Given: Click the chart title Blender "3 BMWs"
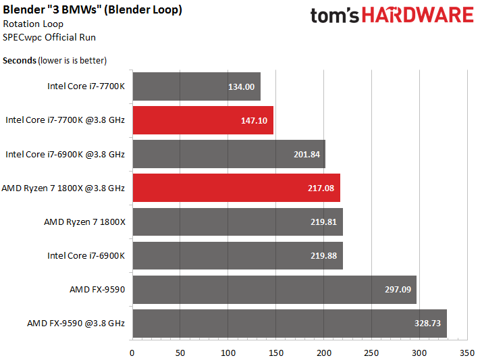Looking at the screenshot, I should pyautogui.click(x=92, y=10).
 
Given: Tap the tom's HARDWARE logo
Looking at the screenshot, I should pyautogui.click(x=392, y=16).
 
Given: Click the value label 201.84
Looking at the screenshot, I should pyautogui.click(x=306, y=154).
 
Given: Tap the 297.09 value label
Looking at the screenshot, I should pyautogui.click(x=397, y=290).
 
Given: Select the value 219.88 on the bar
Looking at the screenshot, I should pyautogui.click(x=323, y=256).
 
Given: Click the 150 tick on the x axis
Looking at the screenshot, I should pyautogui.click(x=276, y=353).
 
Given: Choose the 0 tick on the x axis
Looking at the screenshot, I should pyautogui.click(x=132, y=353).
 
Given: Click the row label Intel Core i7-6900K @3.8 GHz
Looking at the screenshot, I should pyautogui.click(x=65, y=154).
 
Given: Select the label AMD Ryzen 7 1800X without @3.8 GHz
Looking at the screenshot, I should pyautogui.click(x=84, y=222).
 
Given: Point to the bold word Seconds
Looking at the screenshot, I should pyautogui.click(x=20, y=60).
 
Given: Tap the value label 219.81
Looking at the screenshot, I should pyautogui.click(x=323, y=222).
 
